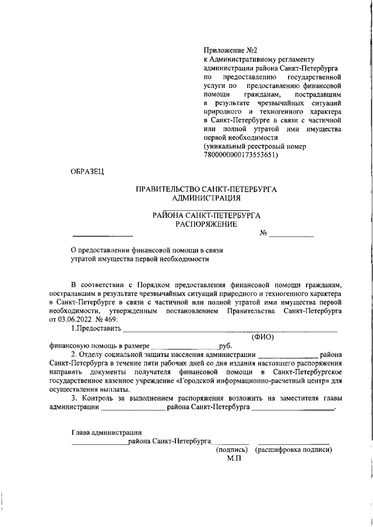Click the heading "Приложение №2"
click(x=230, y=51)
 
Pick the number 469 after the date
click(x=110, y=320)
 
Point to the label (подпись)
click(x=232, y=450)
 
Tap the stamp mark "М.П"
click(x=233, y=458)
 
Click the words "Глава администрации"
click(x=107, y=432)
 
